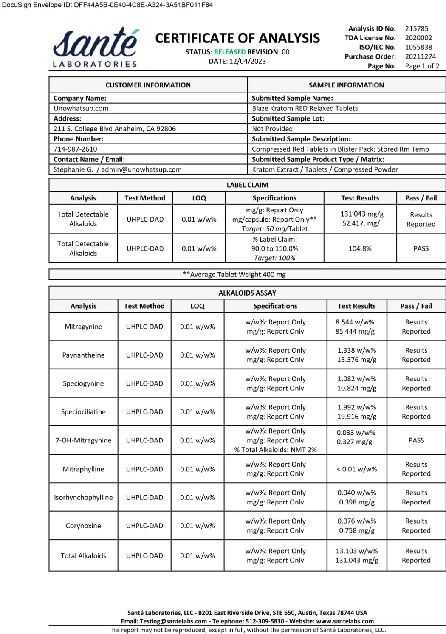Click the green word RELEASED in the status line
click(230, 52)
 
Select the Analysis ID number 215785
click(417, 28)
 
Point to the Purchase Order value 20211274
click(420, 56)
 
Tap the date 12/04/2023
click(247, 61)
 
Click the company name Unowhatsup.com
click(81, 108)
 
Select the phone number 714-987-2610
click(75, 149)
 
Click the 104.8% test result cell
click(360, 248)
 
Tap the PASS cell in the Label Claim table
click(421, 248)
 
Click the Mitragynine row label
click(83, 327)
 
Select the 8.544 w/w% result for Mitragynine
click(355, 322)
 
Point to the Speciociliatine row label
click(83, 411)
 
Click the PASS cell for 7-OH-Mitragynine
click(416, 440)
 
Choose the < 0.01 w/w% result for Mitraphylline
click(357, 469)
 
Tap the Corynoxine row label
click(83, 526)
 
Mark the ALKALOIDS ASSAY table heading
click(247, 293)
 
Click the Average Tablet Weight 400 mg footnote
click(234, 274)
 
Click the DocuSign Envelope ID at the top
click(107, 5)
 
